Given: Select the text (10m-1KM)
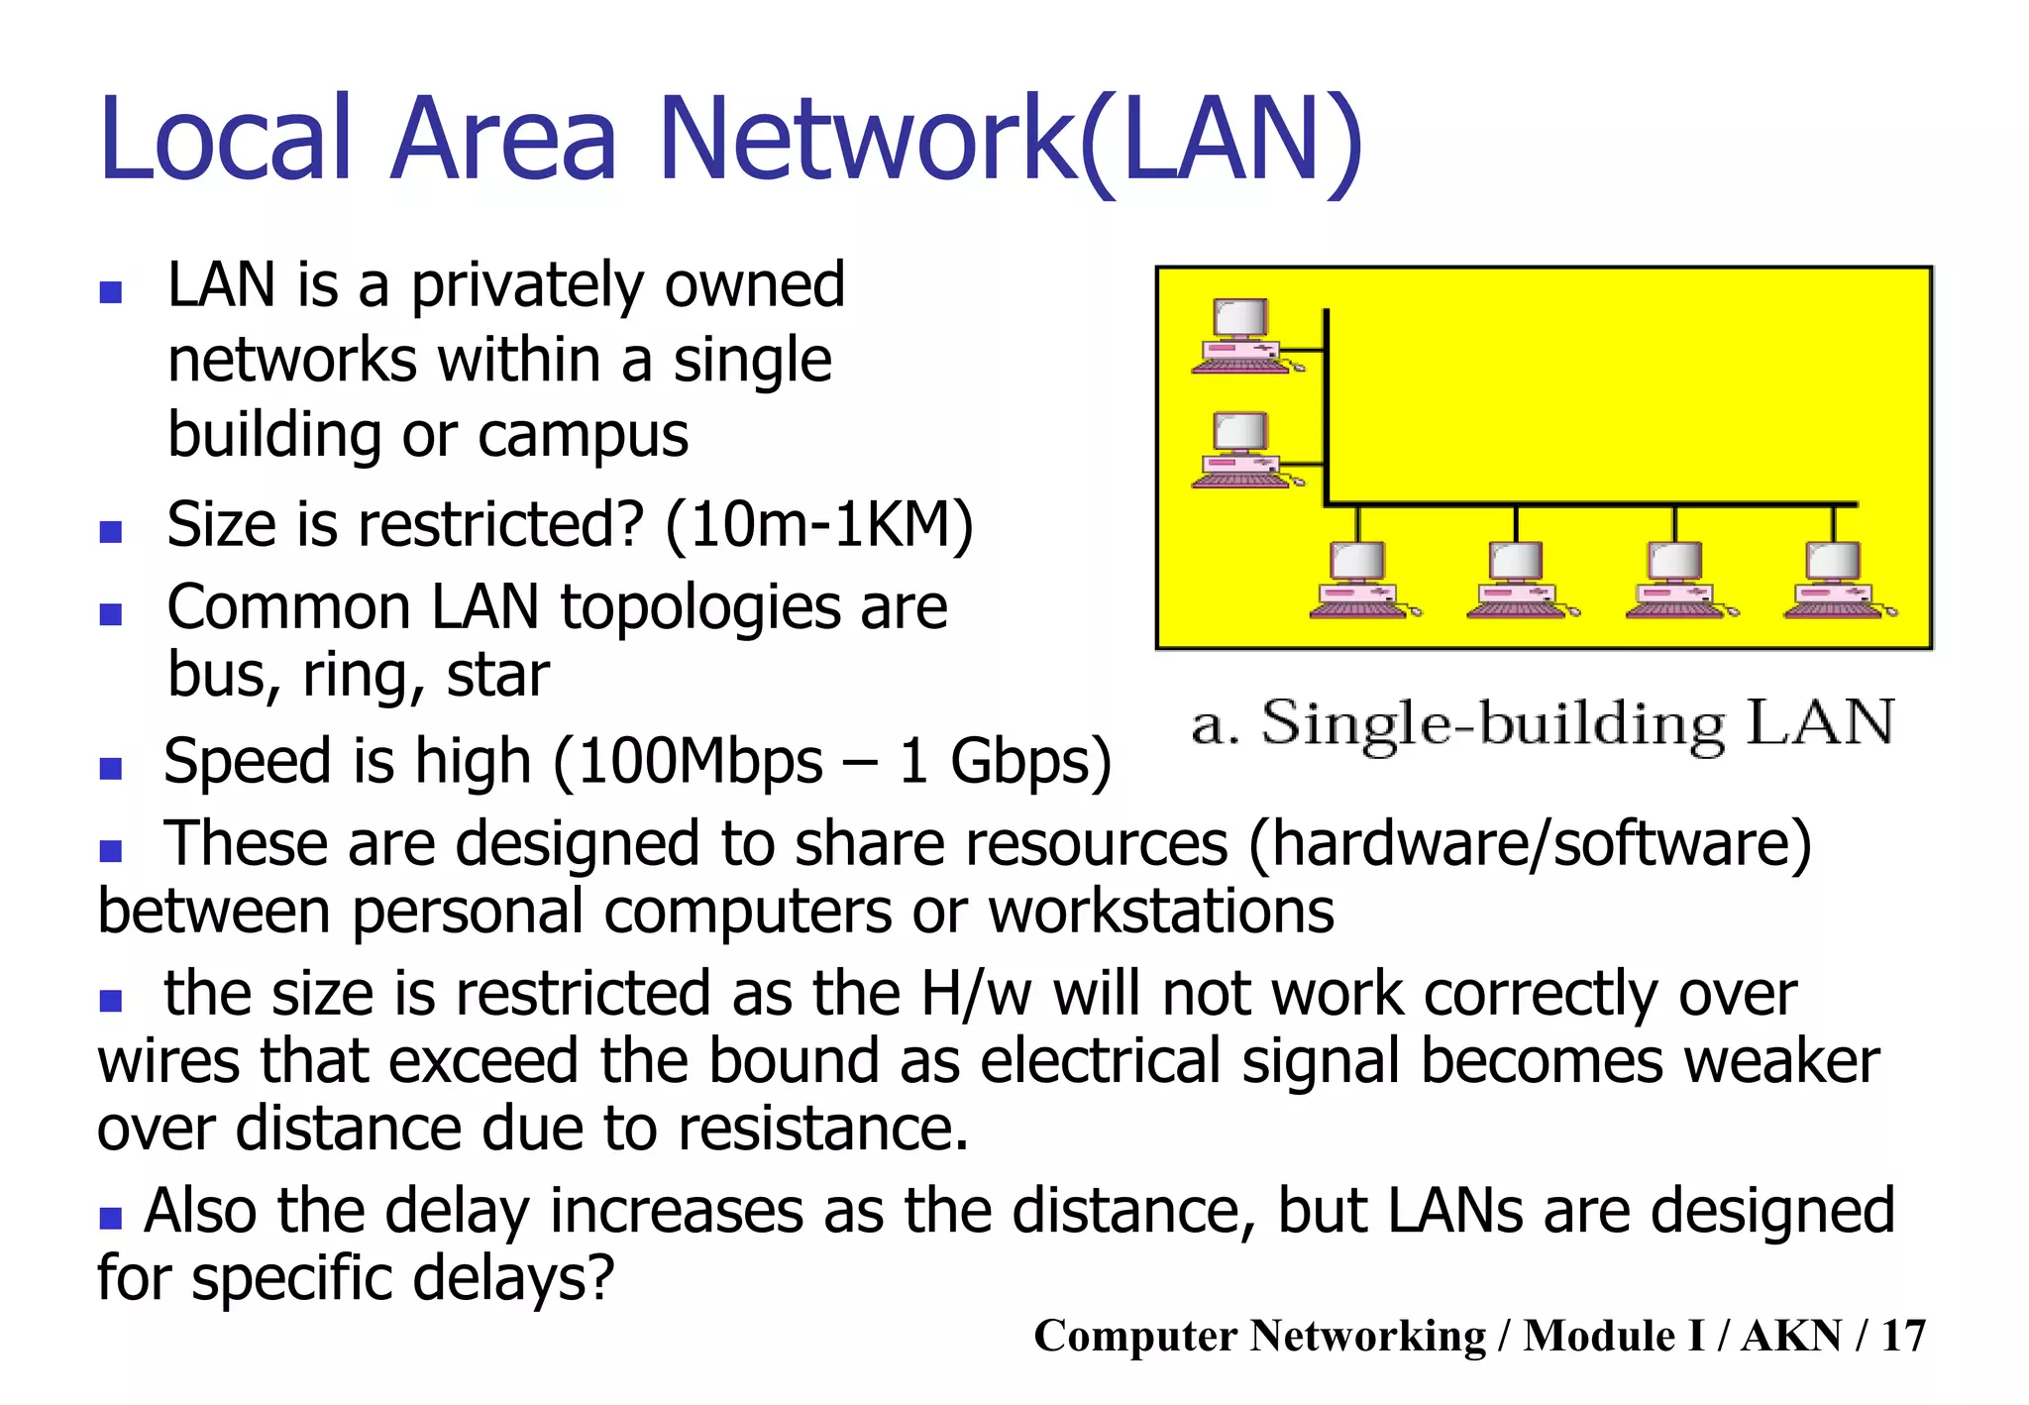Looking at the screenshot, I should point(819,525).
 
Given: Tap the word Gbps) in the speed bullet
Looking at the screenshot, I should point(1030,762).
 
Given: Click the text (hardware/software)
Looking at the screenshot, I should point(1531,845).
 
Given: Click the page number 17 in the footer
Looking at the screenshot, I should point(1903,1336).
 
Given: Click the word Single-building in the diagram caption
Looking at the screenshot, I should point(1493,724).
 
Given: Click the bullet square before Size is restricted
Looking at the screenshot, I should point(111,532).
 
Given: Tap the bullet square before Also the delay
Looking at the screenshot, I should point(111,1217).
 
